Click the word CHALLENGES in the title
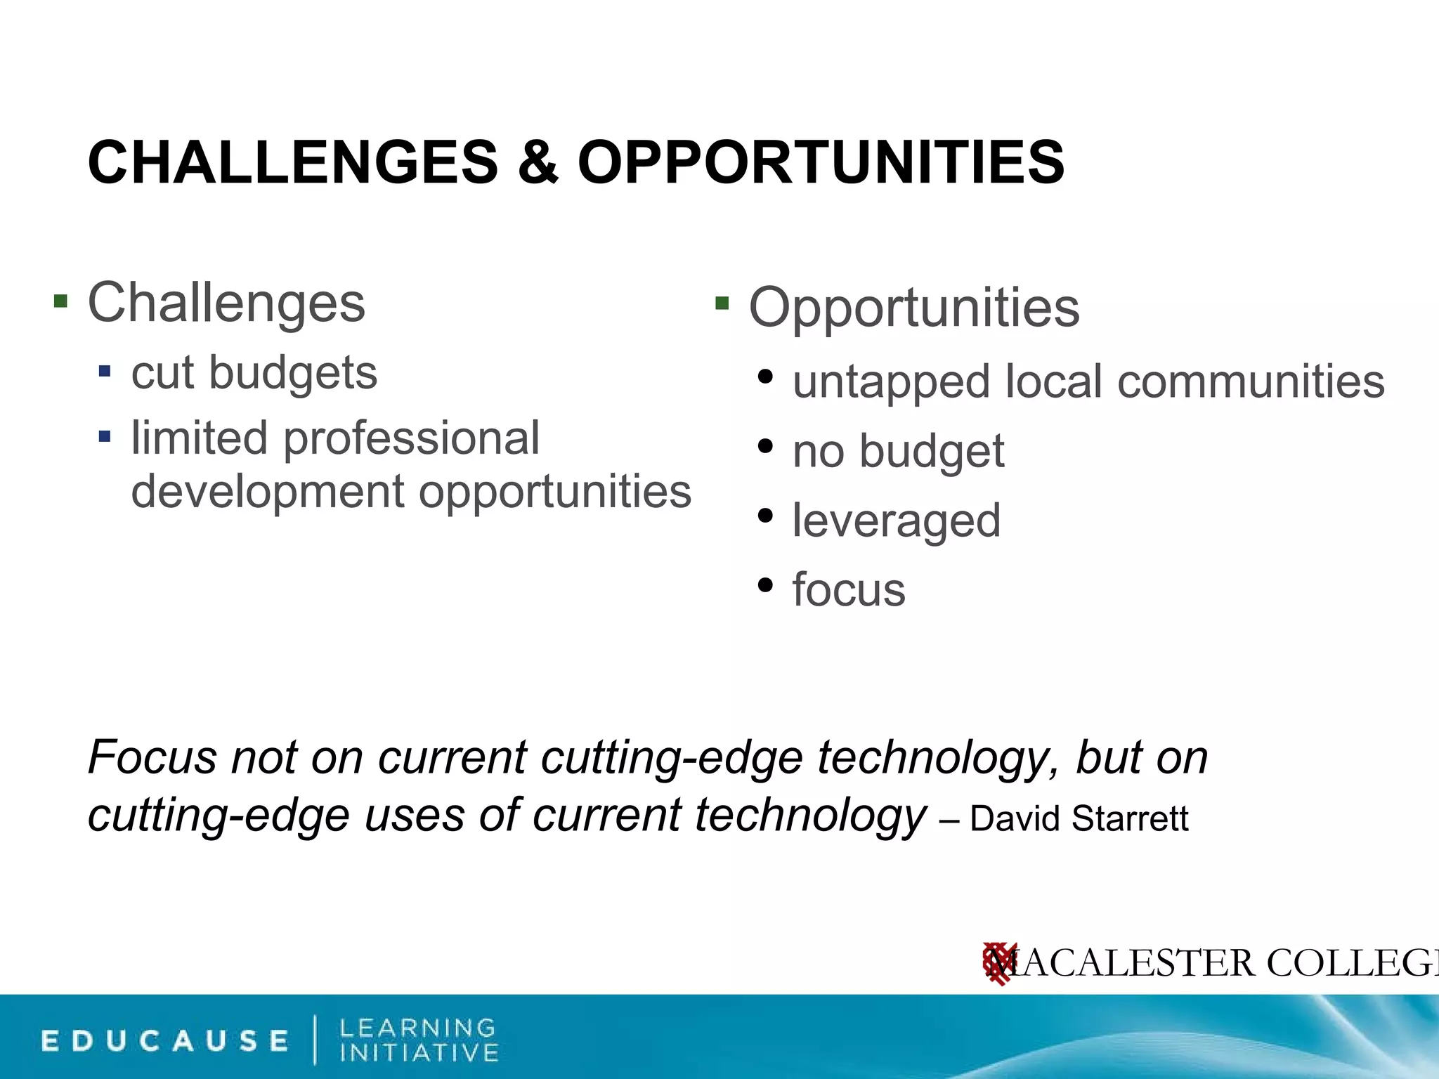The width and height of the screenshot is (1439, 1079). (292, 163)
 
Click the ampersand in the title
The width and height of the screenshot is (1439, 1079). (538, 163)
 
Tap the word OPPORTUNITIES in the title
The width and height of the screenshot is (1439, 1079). (821, 163)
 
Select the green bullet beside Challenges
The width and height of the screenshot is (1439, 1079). (61, 302)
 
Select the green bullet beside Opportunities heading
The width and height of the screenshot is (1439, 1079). (722, 304)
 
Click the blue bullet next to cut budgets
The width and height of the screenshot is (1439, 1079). (105, 370)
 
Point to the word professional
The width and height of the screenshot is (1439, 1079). (411, 438)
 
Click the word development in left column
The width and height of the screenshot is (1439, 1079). (267, 491)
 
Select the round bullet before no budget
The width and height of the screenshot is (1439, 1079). (766, 447)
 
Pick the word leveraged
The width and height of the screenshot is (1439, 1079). (897, 521)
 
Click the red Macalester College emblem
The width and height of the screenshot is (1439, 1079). (998, 963)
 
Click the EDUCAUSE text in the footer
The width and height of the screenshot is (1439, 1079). (165, 1041)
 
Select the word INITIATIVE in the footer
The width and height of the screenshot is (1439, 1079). (419, 1053)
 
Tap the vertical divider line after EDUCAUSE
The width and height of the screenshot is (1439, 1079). (314, 1040)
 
